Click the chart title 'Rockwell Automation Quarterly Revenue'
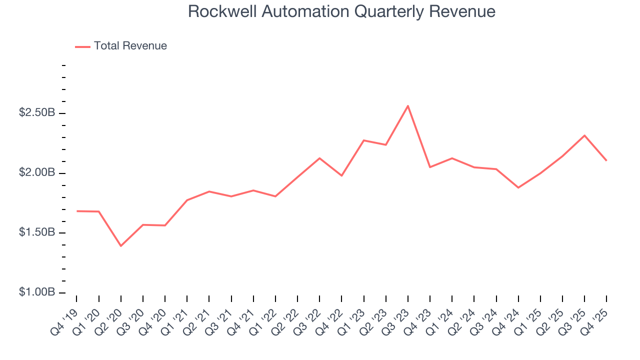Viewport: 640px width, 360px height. (341, 11)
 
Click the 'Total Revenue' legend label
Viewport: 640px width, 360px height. (130, 46)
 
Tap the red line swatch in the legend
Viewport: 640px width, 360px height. (82, 46)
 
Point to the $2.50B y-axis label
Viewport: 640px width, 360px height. (36, 113)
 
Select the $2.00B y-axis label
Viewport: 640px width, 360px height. (36, 172)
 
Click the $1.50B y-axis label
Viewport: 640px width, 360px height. (36, 232)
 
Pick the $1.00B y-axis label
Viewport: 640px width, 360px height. (36, 292)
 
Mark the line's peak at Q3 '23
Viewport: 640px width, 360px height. (408, 105)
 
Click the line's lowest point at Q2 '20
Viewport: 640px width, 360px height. (120, 246)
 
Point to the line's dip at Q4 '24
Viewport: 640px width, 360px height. (518, 187)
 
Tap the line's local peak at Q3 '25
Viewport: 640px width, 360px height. (584, 135)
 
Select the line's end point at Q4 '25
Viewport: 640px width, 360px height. (606, 160)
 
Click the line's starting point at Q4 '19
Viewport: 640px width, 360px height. (76, 211)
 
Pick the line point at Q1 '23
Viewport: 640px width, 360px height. (363, 140)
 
